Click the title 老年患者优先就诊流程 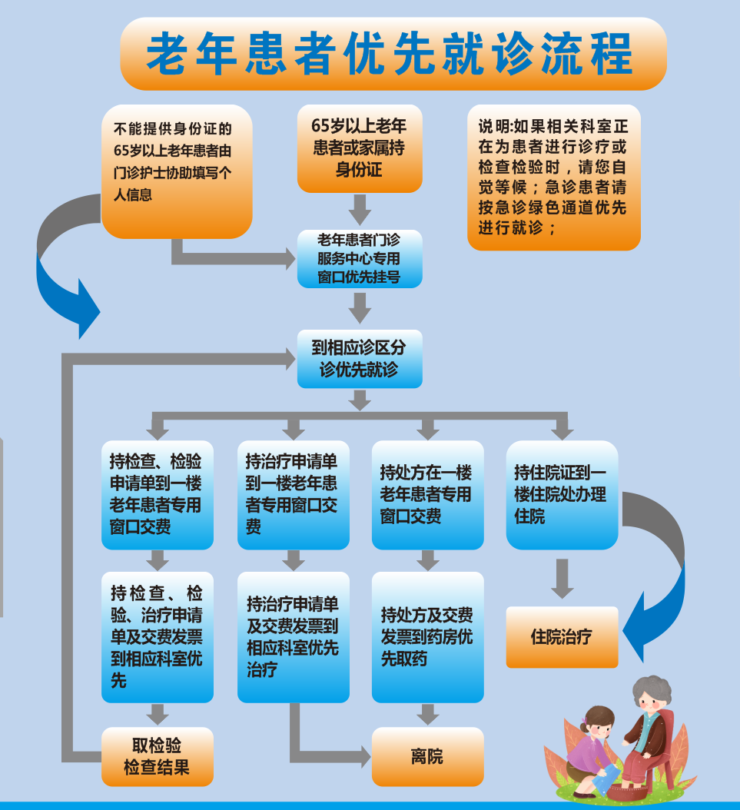tap(392, 54)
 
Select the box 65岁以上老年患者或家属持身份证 tap(359, 148)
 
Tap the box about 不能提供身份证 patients tap(176, 171)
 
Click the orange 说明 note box tap(553, 177)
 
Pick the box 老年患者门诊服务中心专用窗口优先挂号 tap(359, 258)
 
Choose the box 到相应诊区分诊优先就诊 tap(359, 359)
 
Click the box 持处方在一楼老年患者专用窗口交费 tap(427, 494)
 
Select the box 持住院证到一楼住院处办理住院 tap(562, 494)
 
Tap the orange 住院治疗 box tap(562, 636)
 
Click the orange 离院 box tap(427, 756)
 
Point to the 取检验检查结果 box tap(157, 756)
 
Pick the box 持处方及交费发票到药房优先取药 tap(427, 636)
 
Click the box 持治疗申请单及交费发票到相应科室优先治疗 tap(293, 636)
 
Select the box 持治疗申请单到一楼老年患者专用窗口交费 tap(293, 494)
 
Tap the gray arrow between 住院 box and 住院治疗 tap(562, 579)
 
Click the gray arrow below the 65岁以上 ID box tap(359, 208)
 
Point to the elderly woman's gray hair tap(651, 688)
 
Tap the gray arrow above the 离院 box tap(427, 714)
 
